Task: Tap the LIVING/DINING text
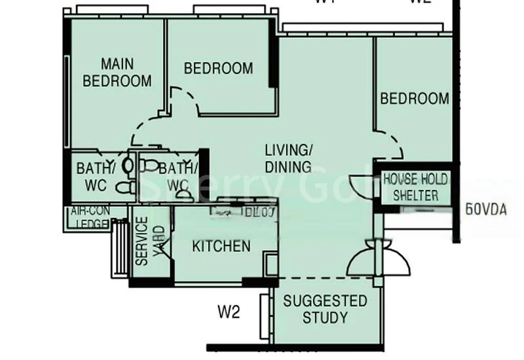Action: click(288, 158)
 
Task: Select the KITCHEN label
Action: click(221, 246)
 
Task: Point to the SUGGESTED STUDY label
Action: click(325, 309)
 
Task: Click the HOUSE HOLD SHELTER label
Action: click(415, 187)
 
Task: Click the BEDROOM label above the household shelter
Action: click(415, 99)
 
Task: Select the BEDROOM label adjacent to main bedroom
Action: click(218, 68)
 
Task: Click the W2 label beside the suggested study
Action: click(229, 312)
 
